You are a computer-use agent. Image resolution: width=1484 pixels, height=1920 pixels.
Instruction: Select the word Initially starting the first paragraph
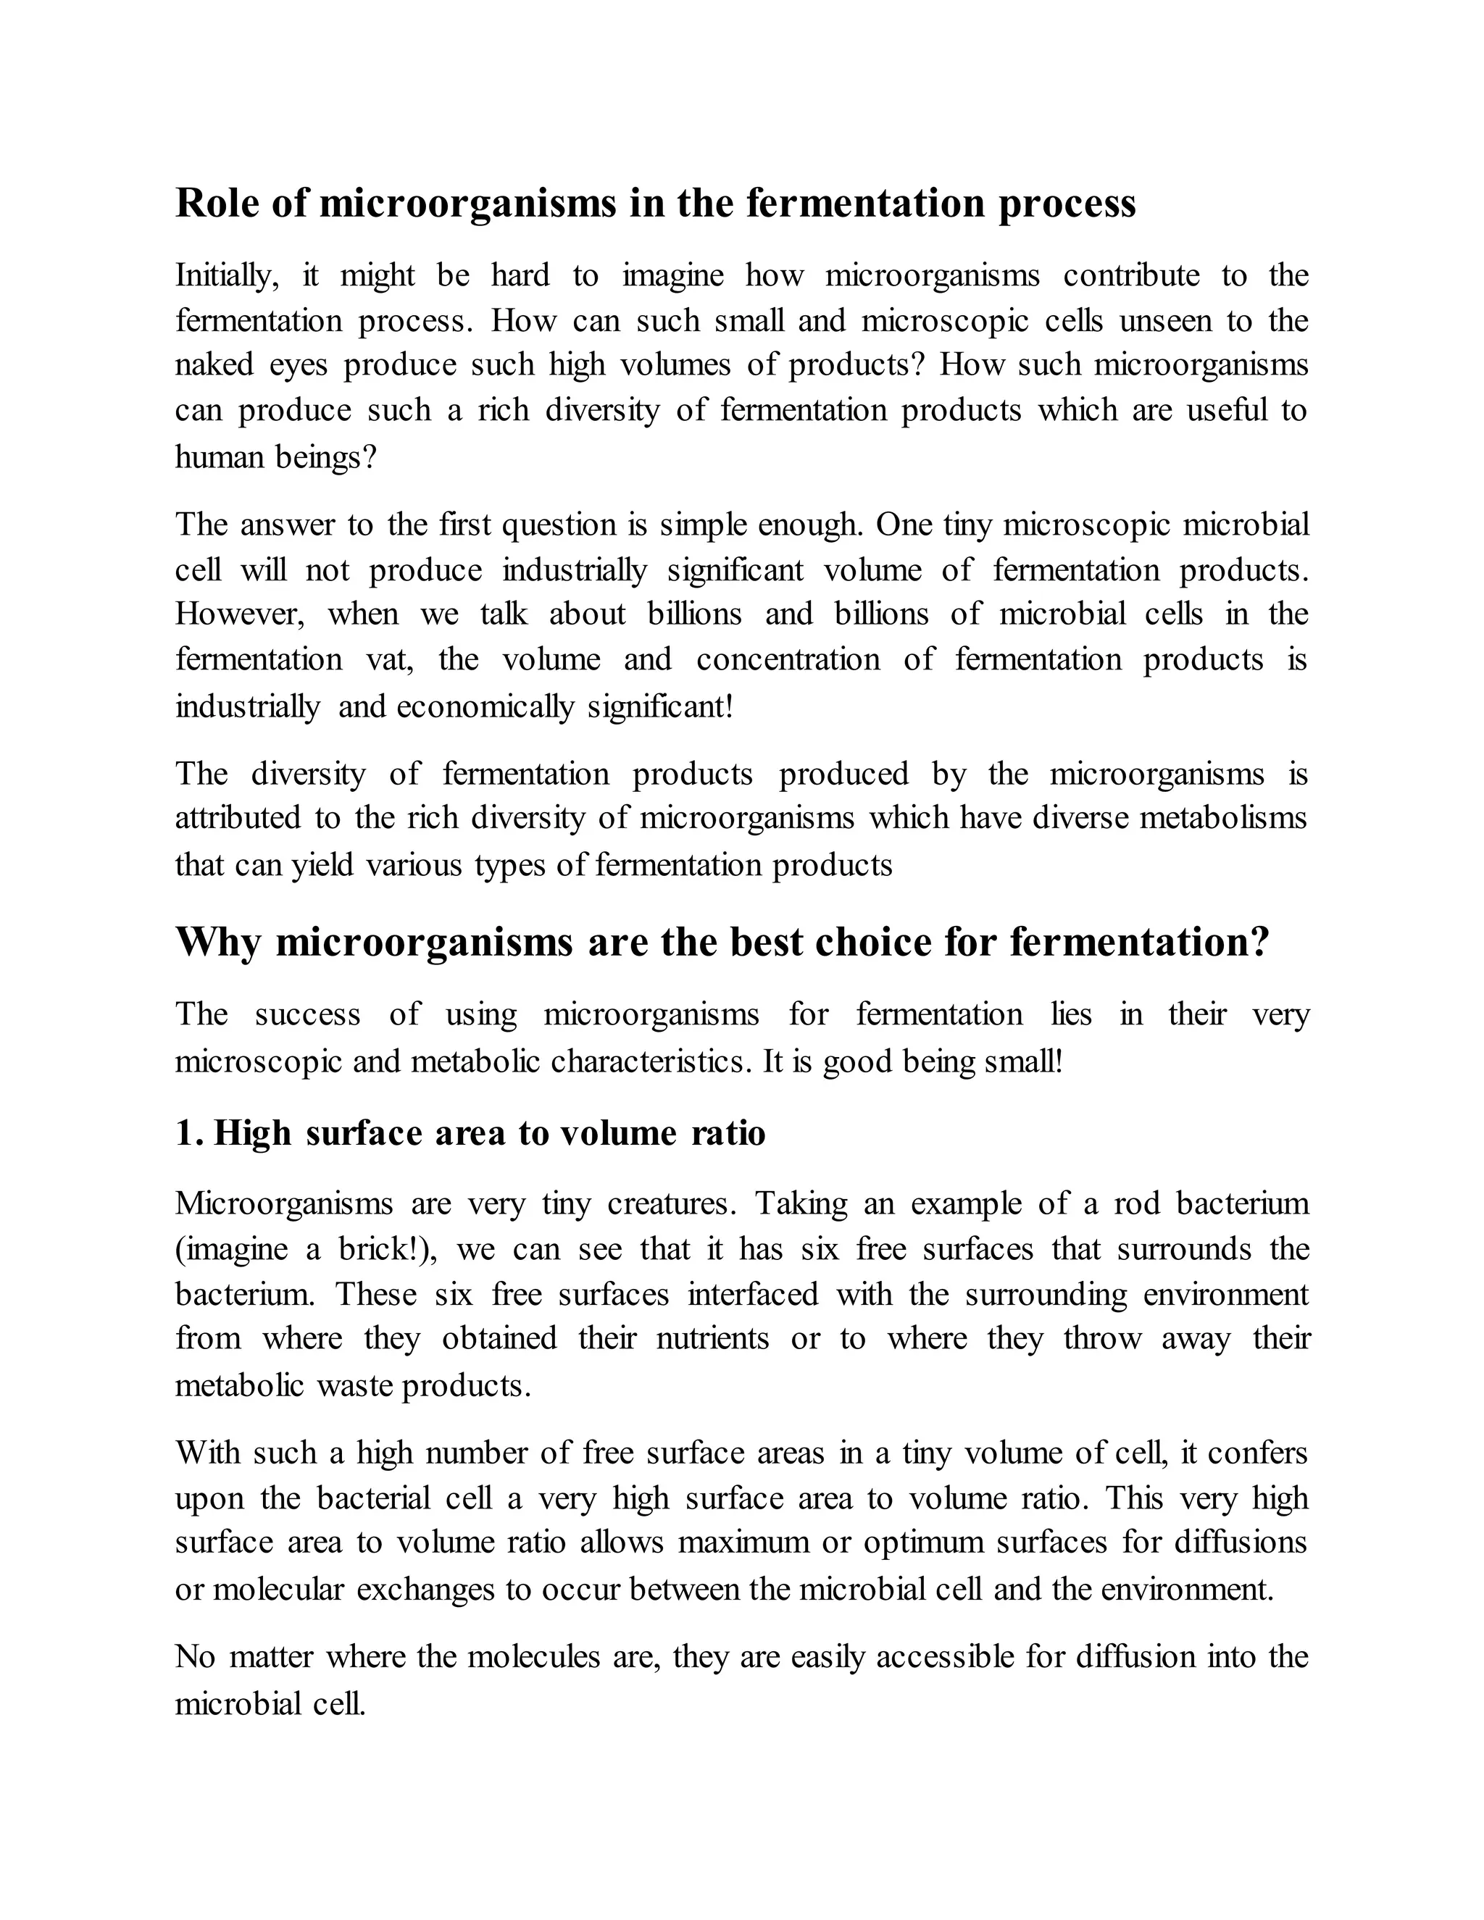click(x=227, y=276)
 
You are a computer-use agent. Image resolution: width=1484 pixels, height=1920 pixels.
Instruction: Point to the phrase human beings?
click(x=275, y=457)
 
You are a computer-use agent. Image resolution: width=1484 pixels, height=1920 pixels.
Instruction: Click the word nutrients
click(x=713, y=1339)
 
